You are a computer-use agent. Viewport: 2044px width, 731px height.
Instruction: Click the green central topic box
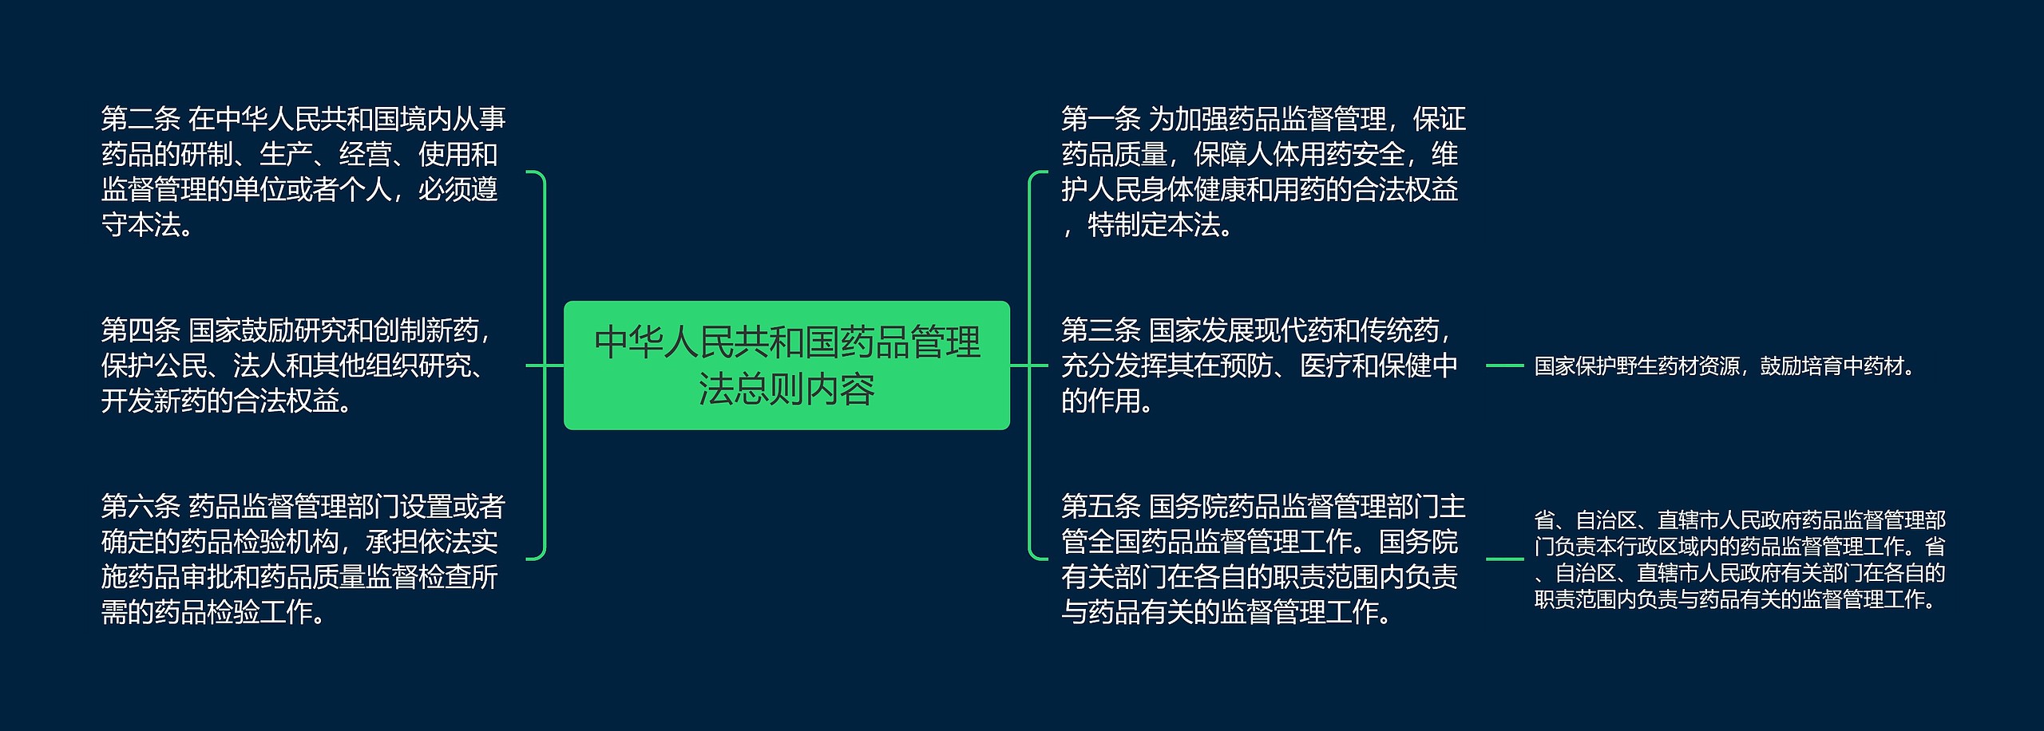coord(786,365)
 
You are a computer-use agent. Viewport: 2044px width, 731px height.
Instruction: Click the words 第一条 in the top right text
coord(1100,120)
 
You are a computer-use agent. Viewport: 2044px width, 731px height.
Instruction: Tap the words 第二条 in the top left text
coord(141,120)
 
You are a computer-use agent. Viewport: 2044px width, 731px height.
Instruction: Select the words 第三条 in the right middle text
coord(1100,330)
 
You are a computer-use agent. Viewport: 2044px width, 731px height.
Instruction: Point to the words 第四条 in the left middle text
coord(141,330)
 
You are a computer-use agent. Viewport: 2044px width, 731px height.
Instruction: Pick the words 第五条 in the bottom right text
coord(1100,507)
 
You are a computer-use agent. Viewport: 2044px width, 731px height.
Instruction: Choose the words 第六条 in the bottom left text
coord(141,507)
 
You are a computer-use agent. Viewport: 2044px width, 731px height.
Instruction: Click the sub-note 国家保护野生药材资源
coord(1637,366)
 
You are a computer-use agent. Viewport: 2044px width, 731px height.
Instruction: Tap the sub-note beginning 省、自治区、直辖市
coord(1739,559)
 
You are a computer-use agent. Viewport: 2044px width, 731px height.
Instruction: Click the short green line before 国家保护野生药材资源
coord(1504,366)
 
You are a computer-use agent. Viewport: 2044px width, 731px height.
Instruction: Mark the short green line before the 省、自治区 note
coord(1504,559)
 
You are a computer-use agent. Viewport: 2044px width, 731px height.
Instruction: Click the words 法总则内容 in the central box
coord(786,389)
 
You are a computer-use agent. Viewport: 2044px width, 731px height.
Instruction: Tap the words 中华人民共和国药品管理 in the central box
coord(786,342)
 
